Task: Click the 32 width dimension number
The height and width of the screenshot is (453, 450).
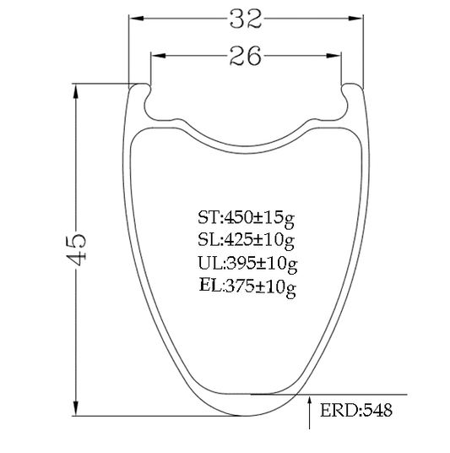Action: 246,19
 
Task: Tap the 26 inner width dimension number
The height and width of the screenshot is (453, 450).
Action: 246,56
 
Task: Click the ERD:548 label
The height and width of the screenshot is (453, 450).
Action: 356,410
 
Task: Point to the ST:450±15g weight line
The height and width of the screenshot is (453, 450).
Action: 246,219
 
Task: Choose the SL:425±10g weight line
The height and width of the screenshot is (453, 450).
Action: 246,241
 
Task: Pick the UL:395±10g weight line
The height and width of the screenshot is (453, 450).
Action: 247,264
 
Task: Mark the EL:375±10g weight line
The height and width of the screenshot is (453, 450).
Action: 247,287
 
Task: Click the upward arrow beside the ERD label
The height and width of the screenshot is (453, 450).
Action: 310,412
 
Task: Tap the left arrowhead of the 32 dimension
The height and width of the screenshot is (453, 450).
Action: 136,19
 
